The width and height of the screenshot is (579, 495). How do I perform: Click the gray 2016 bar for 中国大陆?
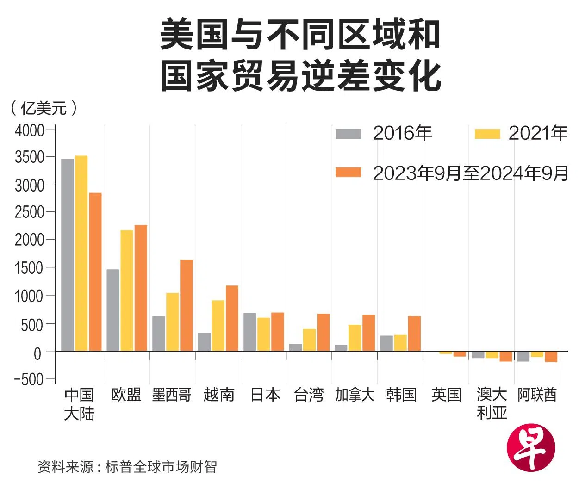[68, 254]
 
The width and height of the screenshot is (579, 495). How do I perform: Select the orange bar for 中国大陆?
[95, 272]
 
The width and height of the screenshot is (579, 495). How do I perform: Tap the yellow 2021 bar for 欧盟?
[127, 290]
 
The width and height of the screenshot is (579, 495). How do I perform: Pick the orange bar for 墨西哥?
[186, 305]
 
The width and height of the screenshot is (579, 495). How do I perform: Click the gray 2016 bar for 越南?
[204, 342]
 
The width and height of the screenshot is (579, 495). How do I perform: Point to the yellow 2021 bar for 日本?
[264, 334]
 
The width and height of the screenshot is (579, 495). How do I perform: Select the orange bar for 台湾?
[323, 332]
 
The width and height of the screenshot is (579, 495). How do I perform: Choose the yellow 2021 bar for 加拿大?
[355, 338]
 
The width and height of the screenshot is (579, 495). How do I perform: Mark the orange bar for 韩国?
[414, 333]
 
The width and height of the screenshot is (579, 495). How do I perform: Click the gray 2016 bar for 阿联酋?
[523, 356]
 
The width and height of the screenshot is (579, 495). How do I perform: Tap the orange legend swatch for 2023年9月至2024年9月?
[348, 173]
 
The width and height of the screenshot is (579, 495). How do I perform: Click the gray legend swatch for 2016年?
[348, 134]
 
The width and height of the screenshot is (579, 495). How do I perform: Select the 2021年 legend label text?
[538, 134]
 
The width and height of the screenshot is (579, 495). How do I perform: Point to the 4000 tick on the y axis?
[29, 130]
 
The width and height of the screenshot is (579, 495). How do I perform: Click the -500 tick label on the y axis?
[29, 379]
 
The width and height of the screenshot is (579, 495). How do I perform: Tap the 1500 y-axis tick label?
[29, 268]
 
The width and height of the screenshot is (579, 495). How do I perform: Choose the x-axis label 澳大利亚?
[492, 403]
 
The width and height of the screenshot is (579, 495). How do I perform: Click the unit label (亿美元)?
[44, 108]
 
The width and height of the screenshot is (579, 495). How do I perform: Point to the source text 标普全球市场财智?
[161, 467]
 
